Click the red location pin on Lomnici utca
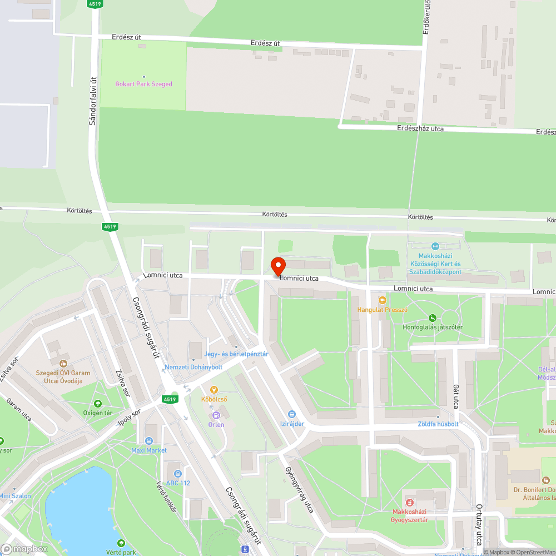coord(277,266)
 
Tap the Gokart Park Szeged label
coord(143,84)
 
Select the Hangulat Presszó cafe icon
coord(382,300)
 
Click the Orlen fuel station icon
coord(216,415)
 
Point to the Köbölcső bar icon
coord(214,389)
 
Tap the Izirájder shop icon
coord(291,414)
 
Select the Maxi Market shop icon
coord(148,440)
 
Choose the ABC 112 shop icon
coord(177,473)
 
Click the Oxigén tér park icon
coord(98,404)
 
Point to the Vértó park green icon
coord(121,543)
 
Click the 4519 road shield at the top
coord(95,4)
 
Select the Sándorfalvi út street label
coord(93,100)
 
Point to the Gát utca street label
coord(455,396)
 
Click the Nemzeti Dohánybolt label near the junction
coord(193,367)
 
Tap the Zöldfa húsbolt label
coord(438,424)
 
